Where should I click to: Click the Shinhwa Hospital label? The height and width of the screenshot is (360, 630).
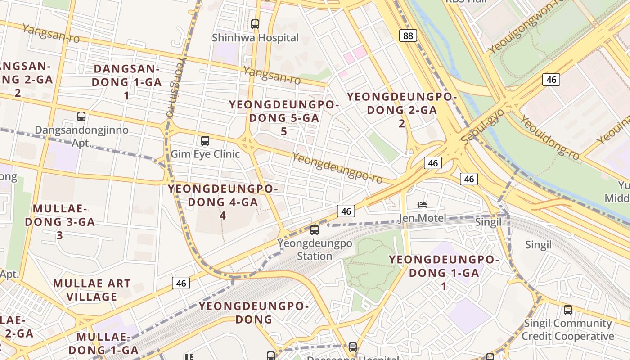tap(255, 38)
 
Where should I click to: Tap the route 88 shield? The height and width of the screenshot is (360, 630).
tap(408, 36)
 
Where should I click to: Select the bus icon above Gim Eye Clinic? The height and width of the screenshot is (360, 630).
tap(205, 140)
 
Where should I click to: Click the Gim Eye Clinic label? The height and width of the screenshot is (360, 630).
tap(205, 154)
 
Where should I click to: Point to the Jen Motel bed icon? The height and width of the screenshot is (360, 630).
tap(422, 205)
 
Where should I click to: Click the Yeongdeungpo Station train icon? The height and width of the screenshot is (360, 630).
tap(315, 229)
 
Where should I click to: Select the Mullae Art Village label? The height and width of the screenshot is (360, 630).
tap(92, 290)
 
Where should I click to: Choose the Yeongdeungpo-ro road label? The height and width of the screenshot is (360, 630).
tap(337, 168)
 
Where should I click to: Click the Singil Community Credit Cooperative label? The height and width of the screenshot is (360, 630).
tap(567, 330)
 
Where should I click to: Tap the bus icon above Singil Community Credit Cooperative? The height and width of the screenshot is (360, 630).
tap(568, 310)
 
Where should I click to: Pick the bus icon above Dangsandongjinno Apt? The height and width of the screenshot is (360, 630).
tap(81, 116)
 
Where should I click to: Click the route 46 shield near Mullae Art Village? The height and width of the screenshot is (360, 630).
tap(181, 283)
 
